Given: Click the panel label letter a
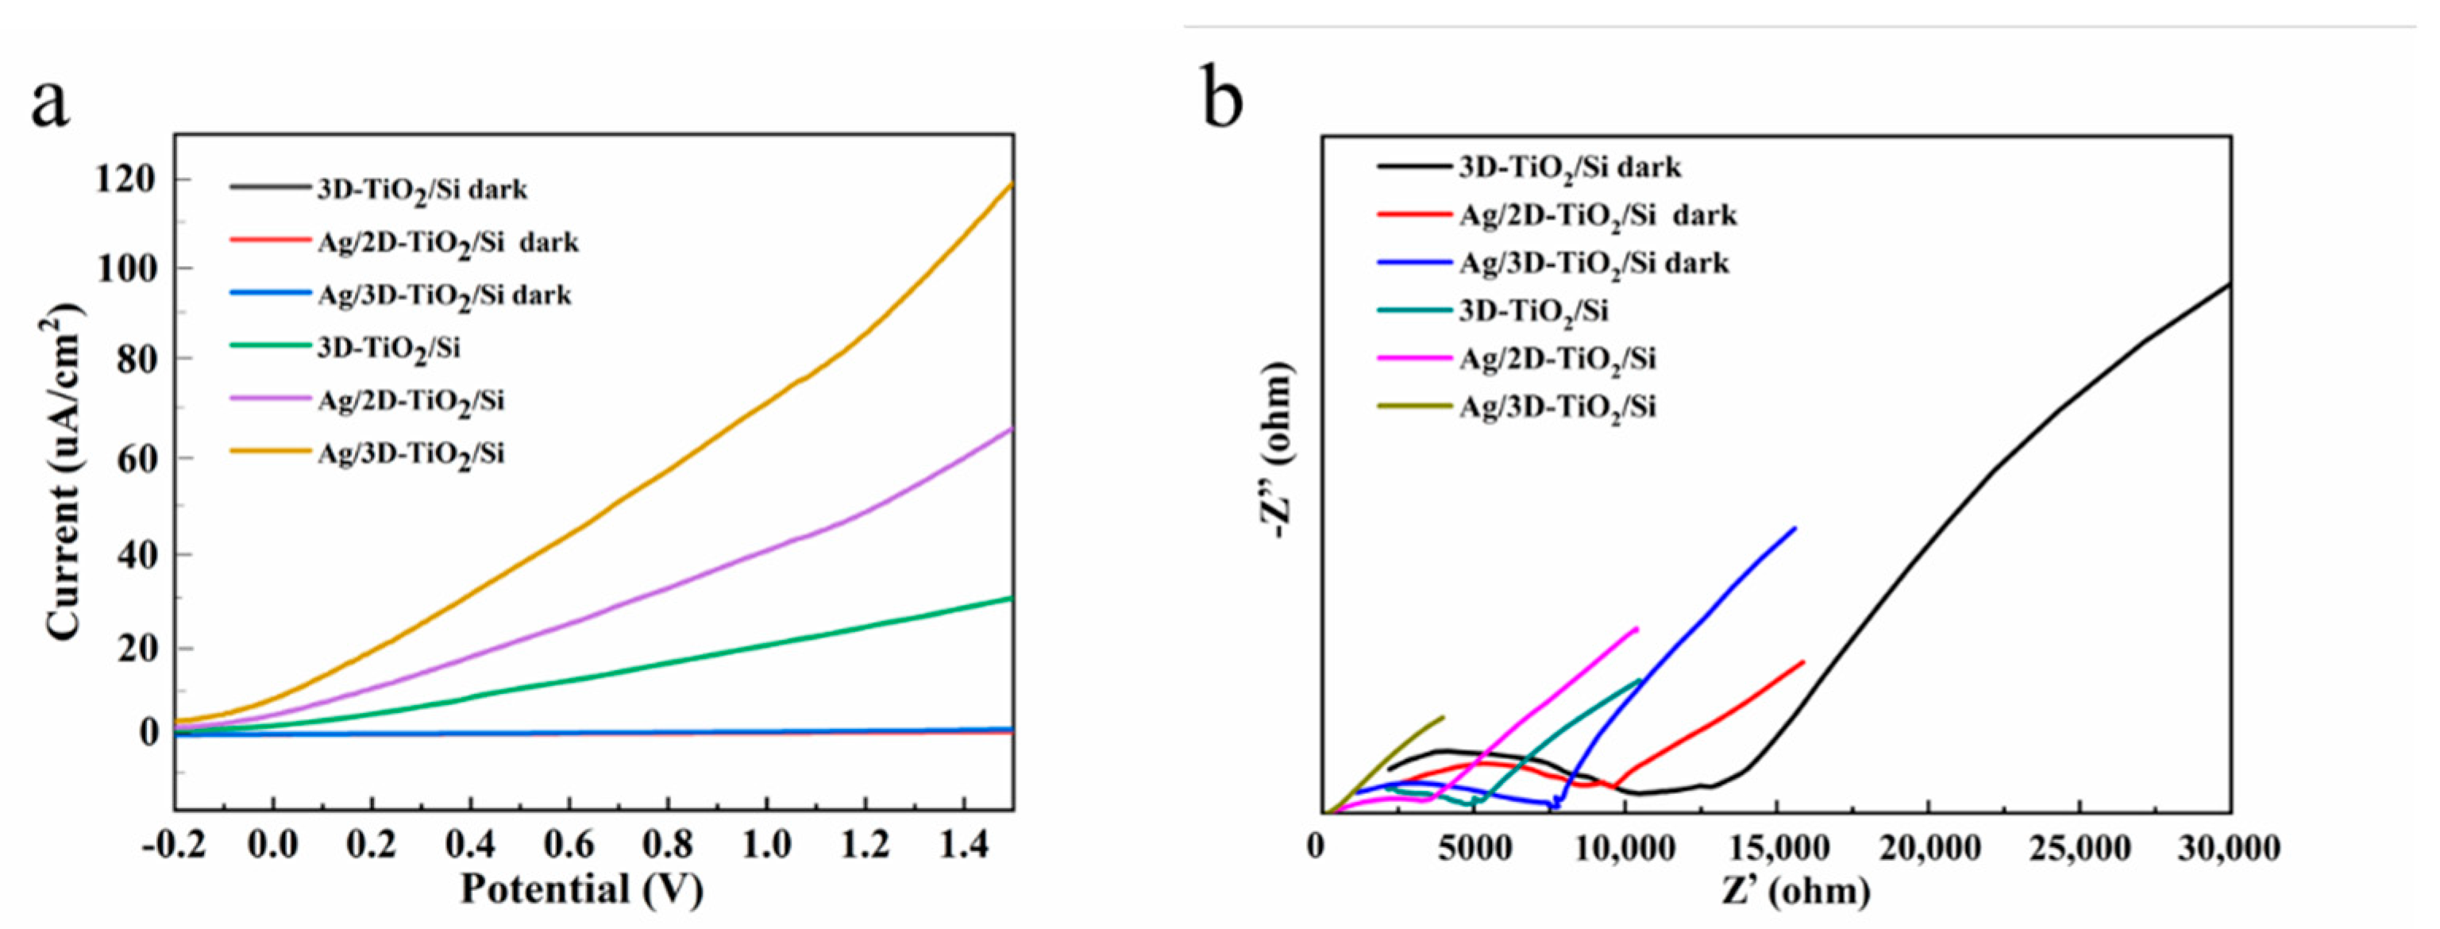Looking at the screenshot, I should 49,102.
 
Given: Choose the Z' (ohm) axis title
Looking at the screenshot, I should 1795,891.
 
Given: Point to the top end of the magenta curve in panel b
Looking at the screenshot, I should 1636,629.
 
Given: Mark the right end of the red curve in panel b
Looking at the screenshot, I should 1803,662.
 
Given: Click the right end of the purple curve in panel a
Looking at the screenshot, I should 1012,429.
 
